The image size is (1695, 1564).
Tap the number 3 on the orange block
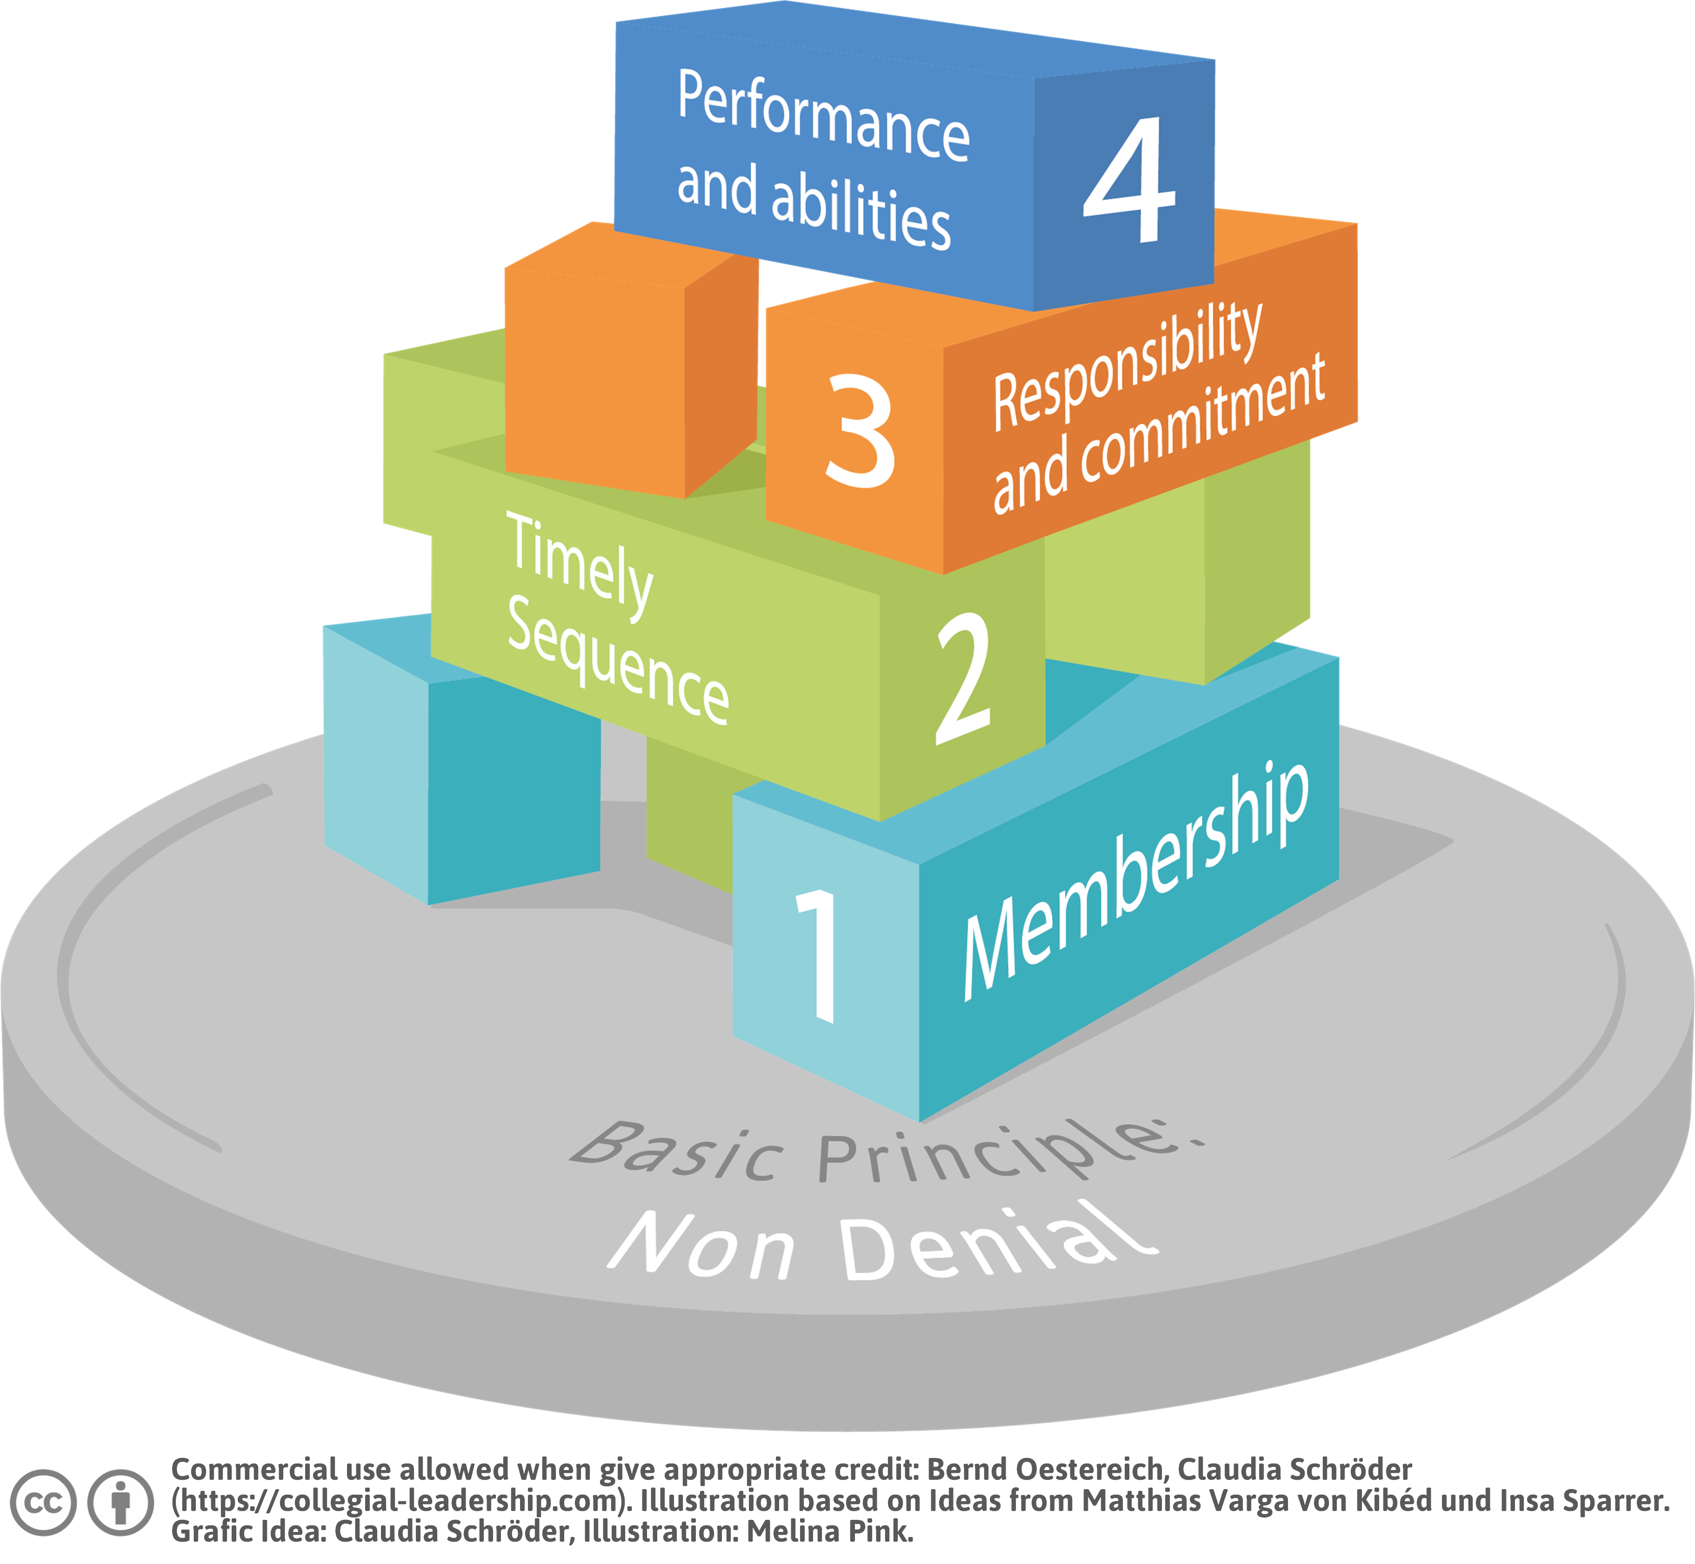pyautogui.click(x=859, y=432)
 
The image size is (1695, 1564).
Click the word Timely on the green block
pyautogui.click(x=580, y=565)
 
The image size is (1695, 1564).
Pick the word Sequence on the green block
pyautogui.click(x=618, y=660)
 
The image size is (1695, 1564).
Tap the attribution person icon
pyautogui.click(x=121, y=1502)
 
